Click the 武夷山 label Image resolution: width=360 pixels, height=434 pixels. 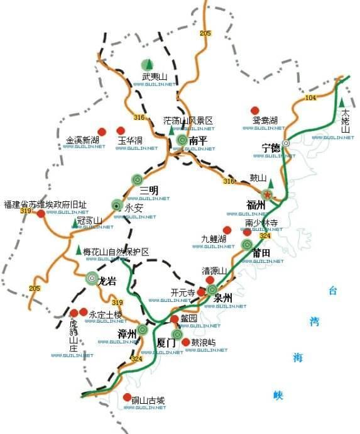pyautogui.click(x=155, y=77)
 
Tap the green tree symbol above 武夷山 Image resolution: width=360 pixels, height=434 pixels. pyautogui.click(x=148, y=64)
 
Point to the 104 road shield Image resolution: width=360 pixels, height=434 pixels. pyautogui.click(x=311, y=98)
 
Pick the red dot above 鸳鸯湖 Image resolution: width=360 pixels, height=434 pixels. pyautogui.click(x=255, y=110)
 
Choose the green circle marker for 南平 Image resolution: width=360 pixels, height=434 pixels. pyautogui.click(x=182, y=141)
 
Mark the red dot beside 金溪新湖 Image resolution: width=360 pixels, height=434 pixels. pyautogui.click(x=103, y=131)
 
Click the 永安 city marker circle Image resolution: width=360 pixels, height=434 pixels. pyautogui.click(x=117, y=204)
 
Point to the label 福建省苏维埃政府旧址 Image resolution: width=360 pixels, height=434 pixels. pyautogui.click(x=45, y=205)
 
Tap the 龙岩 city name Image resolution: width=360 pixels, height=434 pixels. pyautogui.click(x=107, y=282)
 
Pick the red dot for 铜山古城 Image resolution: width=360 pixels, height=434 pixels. pyautogui.click(x=127, y=398)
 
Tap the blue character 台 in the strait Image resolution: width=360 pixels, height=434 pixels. pyautogui.click(x=332, y=291)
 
